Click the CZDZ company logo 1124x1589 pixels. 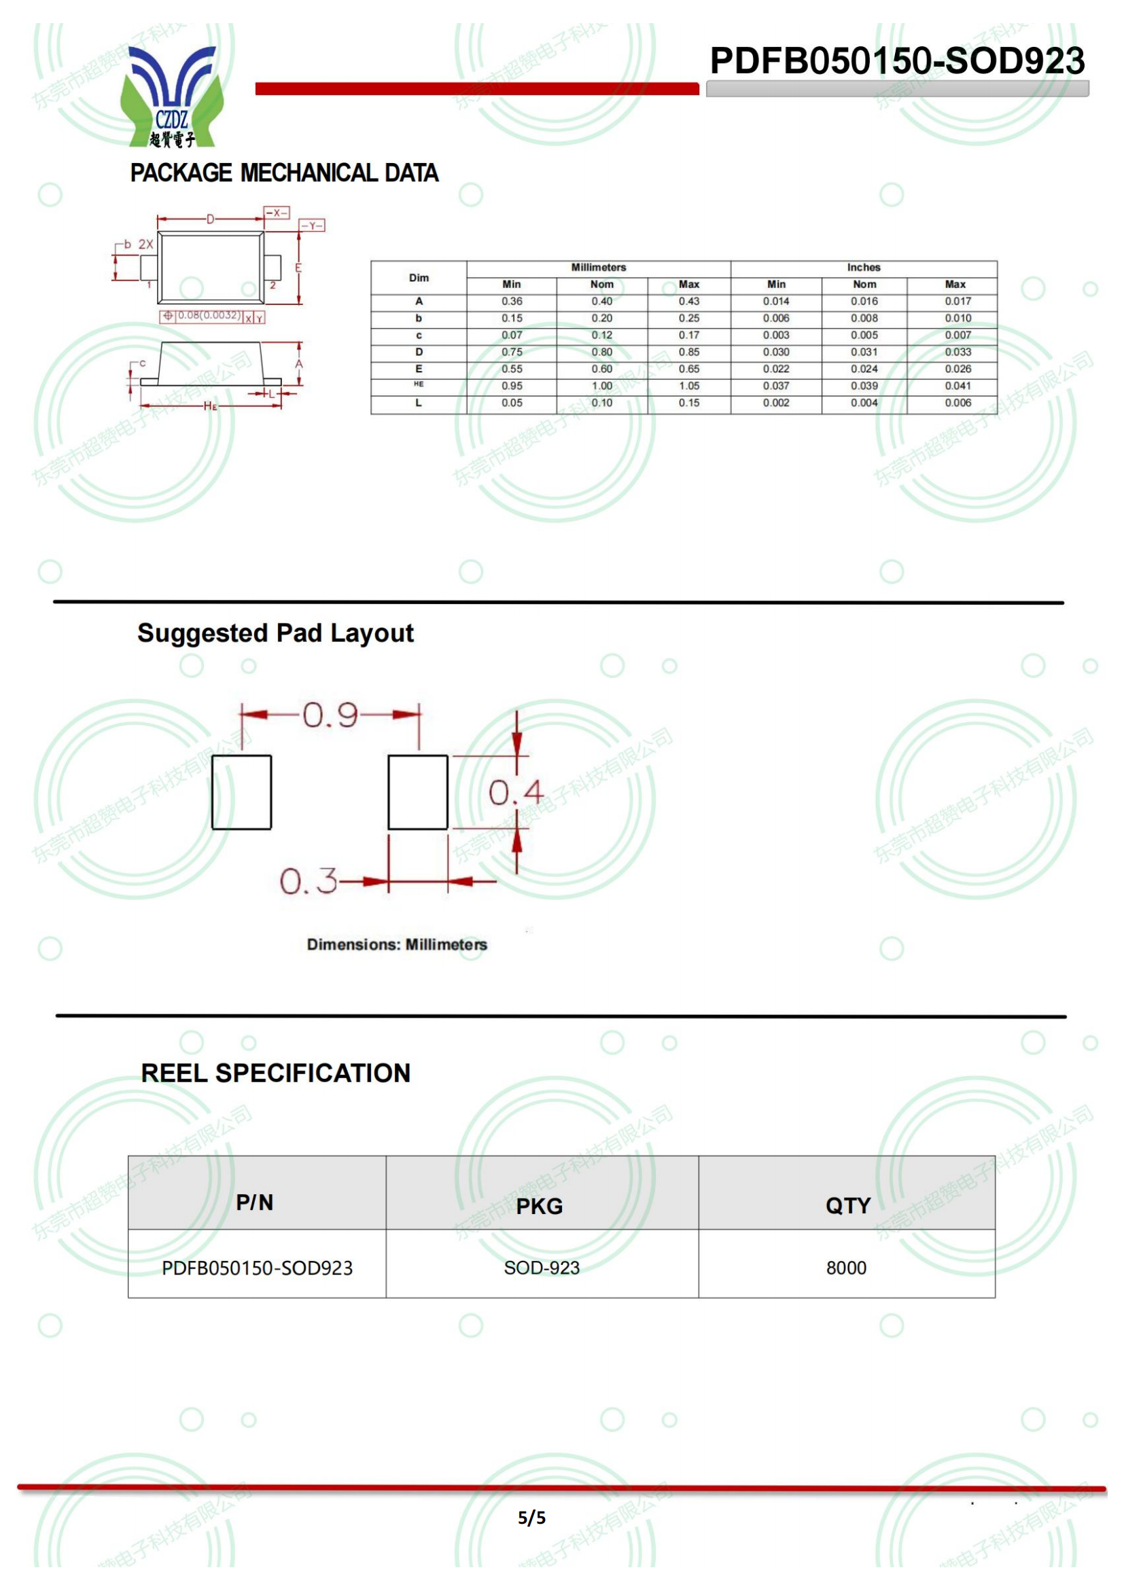pyautogui.click(x=172, y=97)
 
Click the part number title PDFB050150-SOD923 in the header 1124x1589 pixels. pyautogui.click(x=897, y=61)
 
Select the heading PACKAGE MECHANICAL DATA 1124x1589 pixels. pyautogui.click(x=285, y=173)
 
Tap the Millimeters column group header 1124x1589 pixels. pyautogui.click(x=598, y=267)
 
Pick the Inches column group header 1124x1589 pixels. pyautogui.click(x=863, y=267)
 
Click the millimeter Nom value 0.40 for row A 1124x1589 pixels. pyautogui.click(x=601, y=301)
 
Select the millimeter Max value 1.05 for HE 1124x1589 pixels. pyautogui.click(x=688, y=385)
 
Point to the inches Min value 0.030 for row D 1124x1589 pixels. pyautogui.click(x=776, y=352)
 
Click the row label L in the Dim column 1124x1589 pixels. pyautogui.click(x=418, y=403)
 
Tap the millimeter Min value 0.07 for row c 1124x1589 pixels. pyautogui.click(x=512, y=335)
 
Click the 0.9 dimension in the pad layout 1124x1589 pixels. pyautogui.click(x=330, y=715)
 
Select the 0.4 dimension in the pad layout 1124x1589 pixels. pyautogui.click(x=516, y=792)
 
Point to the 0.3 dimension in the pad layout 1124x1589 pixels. pyautogui.click(x=308, y=881)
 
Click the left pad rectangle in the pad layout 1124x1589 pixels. pyautogui.click(x=241, y=791)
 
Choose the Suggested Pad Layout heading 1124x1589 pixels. pyautogui.click(x=275, y=633)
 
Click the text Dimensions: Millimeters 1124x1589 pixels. pyautogui.click(x=397, y=945)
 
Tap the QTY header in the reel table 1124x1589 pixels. pyautogui.click(x=847, y=1206)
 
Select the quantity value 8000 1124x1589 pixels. pyautogui.click(x=846, y=1268)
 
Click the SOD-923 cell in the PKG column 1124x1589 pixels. pyautogui.click(x=541, y=1268)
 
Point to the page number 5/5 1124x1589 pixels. pyautogui.click(x=531, y=1518)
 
